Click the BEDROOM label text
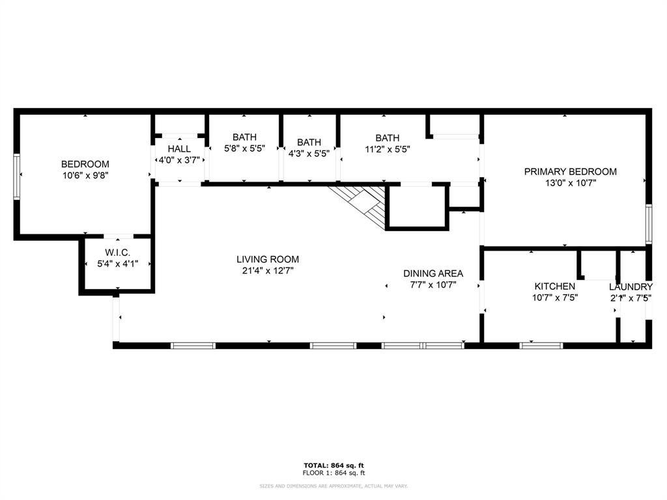pyautogui.click(x=85, y=164)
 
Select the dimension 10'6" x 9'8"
pyautogui.click(x=85, y=174)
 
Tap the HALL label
pyautogui.click(x=179, y=149)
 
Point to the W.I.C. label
pyautogui.click(x=118, y=253)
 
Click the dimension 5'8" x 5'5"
pyautogui.click(x=245, y=148)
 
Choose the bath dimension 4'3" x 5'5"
pyautogui.click(x=309, y=153)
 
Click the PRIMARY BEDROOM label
pyautogui.click(x=571, y=172)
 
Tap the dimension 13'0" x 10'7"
pyautogui.click(x=571, y=183)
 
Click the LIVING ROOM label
pyautogui.click(x=268, y=259)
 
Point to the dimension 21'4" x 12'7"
pyautogui.click(x=268, y=270)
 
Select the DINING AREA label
pyautogui.click(x=433, y=273)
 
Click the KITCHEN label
pyautogui.click(x=555, y=286)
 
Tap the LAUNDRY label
pyautogui.click(x=631, y=286)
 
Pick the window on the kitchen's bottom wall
pyautogui.click(x=541, y=345)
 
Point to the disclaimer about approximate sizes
pyautogui.click(x=333, y=486)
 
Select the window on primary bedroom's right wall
pyautogui.click(x=648, y=224)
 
